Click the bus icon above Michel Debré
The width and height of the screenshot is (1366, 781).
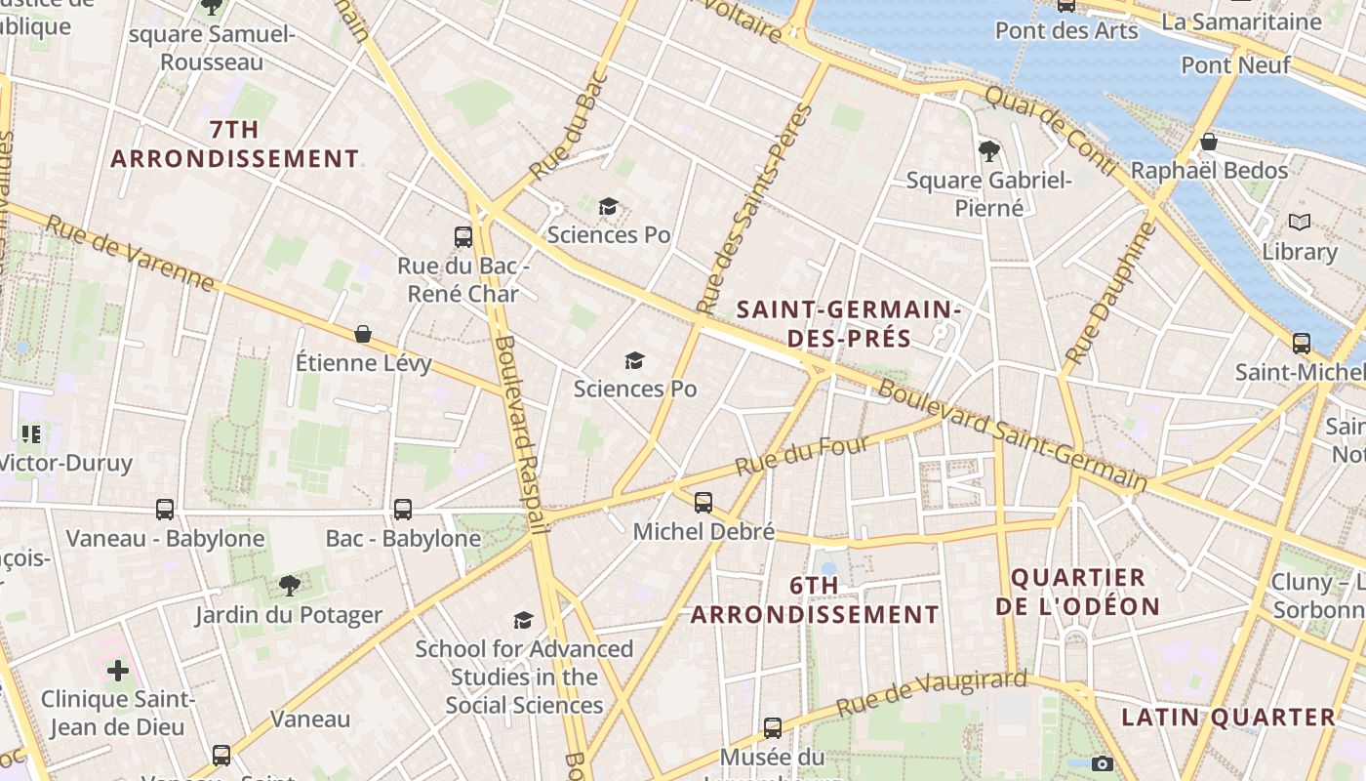point(703,503)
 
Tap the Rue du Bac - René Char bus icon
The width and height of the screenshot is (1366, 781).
point(463,236)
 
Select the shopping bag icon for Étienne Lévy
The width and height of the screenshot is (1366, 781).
point(363,334)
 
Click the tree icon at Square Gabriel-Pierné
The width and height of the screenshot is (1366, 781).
point(988,150)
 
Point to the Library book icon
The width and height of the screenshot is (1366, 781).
point(1299,223)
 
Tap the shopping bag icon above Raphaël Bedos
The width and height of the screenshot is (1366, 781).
point(1208,142)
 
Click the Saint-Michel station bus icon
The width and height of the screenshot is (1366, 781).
point(1301,343)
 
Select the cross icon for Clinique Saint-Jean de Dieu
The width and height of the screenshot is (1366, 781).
point(118,670)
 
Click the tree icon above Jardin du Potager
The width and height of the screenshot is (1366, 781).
point(289,585)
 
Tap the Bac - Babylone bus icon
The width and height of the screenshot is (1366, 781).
point(402,509)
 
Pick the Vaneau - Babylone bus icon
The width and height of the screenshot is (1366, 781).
point(165,509)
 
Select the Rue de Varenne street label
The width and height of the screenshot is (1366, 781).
point(130,252)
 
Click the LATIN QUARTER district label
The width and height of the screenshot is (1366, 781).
point(1227,717)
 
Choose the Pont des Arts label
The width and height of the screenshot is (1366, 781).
point(1066,30)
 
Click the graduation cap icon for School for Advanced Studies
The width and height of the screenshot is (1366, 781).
point(524,620)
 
